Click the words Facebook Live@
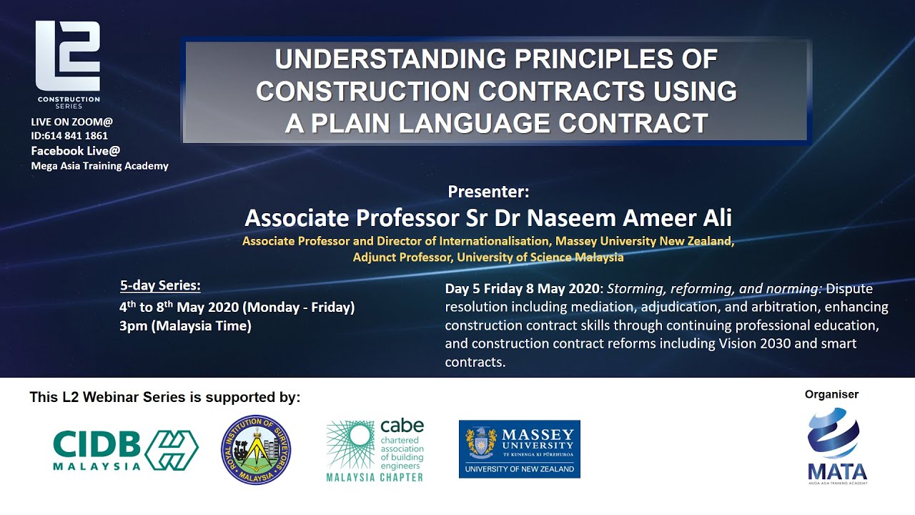point(75,151)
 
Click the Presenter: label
point(488,192)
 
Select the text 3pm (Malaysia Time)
point(185,326)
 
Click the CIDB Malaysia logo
point(125,450)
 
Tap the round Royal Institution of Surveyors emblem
point(255,450)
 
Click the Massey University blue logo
point(519,449)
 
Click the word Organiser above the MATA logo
point(831,394)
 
